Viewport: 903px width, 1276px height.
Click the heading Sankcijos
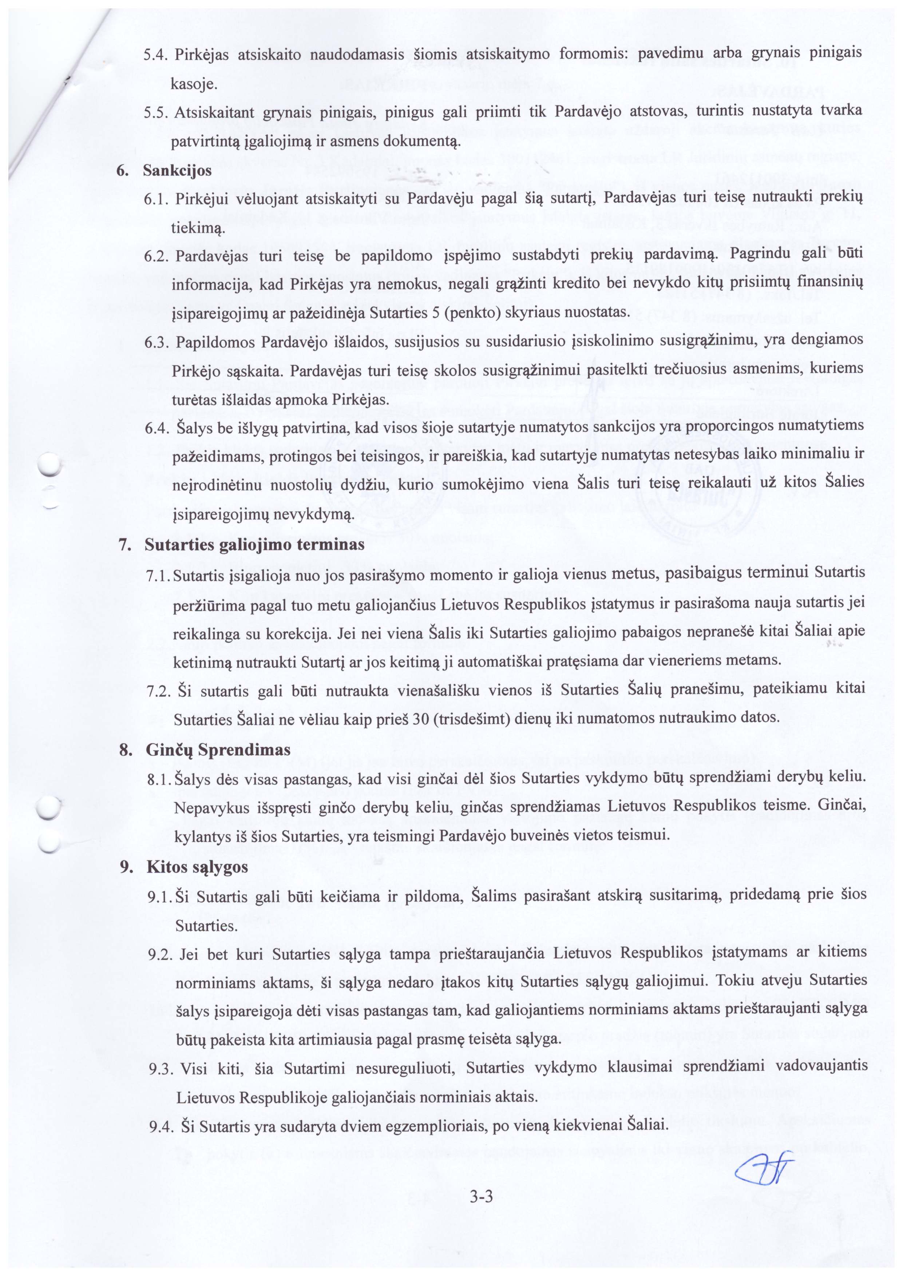coord(177,170)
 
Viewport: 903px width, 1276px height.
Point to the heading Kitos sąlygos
coord(197,867)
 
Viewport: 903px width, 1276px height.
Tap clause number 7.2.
coord(158,691)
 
